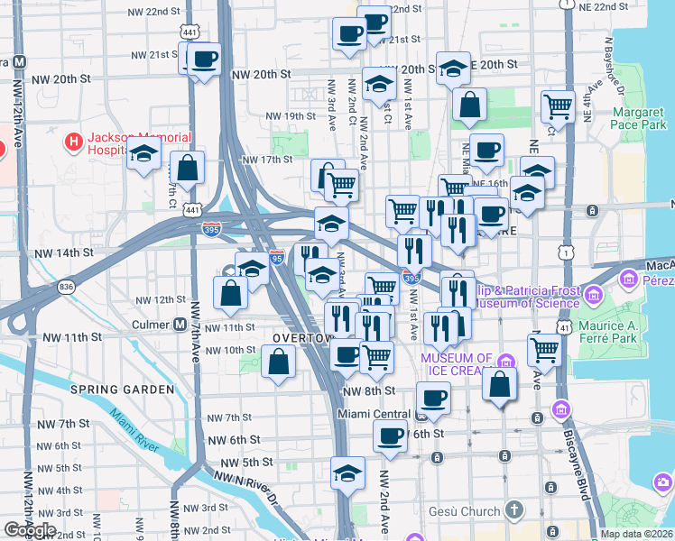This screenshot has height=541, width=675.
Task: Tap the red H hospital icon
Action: pos(74,142)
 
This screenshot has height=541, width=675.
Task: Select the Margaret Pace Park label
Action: pos(638,119)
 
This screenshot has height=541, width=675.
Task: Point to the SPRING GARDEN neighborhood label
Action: pos(123,390)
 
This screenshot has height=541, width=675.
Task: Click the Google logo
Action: pos(30,530)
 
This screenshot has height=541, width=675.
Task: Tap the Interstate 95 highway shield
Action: pos(277,257)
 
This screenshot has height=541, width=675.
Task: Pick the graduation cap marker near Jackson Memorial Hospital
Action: pos(143,155)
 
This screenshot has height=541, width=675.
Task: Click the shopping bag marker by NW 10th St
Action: pos(278,362)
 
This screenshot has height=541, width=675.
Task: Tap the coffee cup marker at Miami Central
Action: pos(433,399)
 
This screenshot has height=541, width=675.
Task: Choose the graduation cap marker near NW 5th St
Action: pos(347,472)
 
